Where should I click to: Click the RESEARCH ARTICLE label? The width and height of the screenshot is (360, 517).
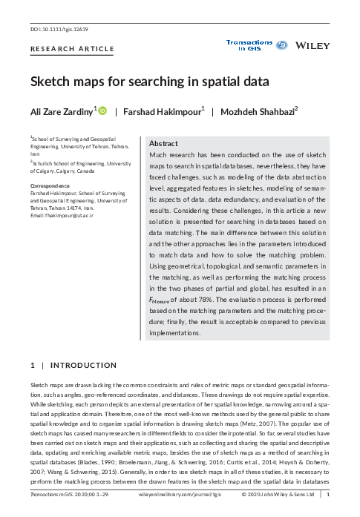(72, 49)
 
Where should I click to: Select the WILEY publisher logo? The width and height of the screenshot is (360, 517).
(312, 46)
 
